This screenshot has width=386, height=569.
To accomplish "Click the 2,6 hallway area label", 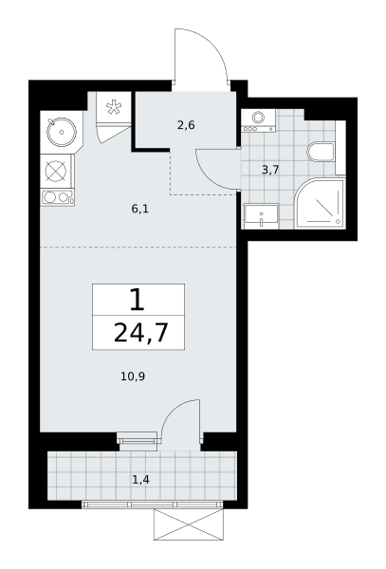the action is (186, 125).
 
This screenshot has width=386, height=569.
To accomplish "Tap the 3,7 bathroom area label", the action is (270, 170).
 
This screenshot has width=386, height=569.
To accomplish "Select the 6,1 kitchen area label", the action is (140, 209).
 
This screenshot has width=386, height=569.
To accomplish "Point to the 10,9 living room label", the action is (133, 376).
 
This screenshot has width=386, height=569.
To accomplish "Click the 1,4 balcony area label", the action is (140, 480).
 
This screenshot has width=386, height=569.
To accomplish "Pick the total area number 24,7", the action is (141, 333).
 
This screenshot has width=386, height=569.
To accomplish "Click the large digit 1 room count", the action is (138, 300).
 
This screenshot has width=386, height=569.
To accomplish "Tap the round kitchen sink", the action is (62, 132).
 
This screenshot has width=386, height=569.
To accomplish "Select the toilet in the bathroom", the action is (321, 153).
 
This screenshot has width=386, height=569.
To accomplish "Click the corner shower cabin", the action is (320, 204).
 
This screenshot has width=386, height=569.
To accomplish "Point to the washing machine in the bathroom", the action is (258, 120).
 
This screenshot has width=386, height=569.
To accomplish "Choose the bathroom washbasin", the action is (261, 216).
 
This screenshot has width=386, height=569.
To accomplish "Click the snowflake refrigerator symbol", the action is (114, 107).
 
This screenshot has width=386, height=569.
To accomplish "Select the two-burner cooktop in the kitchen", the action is (58, 197).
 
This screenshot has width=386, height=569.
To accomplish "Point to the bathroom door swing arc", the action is (208, 178).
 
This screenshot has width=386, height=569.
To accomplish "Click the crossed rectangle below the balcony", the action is (189, 524).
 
